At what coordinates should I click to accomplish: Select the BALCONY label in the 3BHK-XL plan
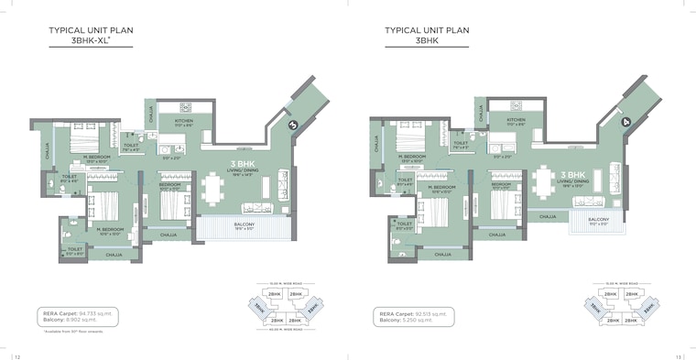pos(244,224)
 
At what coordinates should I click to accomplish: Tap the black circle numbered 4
pos(626,121)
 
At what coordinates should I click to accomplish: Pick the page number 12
pos(16,355)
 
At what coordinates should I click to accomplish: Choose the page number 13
pos(680,355)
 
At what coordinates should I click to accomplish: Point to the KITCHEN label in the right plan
pos(517,119)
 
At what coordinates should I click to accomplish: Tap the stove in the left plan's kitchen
pos(183,106)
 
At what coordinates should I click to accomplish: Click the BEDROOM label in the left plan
pos(168,185)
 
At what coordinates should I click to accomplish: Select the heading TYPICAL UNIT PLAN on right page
pos(427,30)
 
